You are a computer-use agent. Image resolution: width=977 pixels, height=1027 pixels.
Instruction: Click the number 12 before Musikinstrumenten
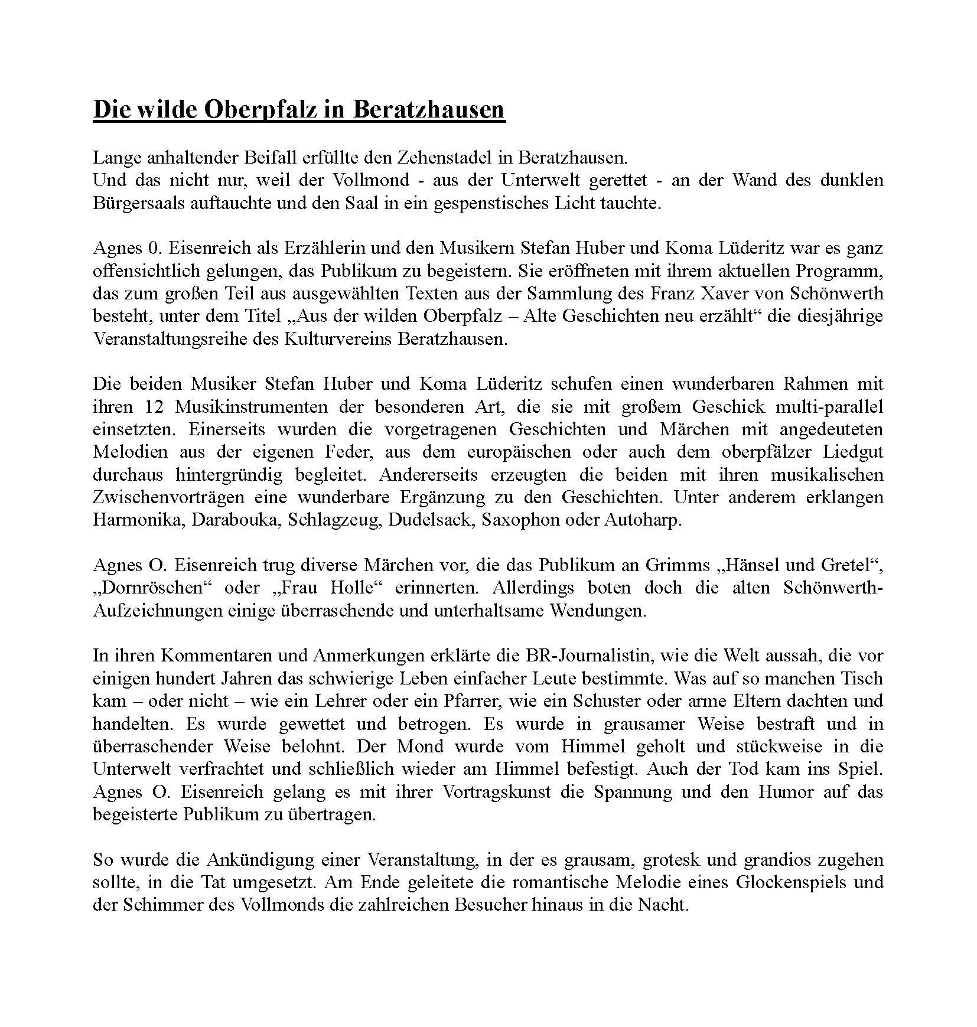tap(153, 407)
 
